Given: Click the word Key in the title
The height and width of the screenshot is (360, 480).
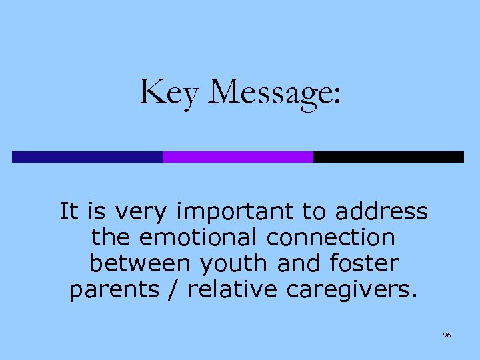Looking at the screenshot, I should [169, 92].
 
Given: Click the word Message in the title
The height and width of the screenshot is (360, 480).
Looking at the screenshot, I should [268, 92].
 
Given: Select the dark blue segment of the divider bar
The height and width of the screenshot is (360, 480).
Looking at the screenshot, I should [87, 157].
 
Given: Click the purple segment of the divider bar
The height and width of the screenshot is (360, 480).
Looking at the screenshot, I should [237, 157].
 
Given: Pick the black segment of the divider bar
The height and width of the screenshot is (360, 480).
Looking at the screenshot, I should [388, 157].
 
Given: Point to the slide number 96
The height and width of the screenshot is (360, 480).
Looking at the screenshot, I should [447, 335].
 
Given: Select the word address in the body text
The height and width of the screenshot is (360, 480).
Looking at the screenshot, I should [381, 212].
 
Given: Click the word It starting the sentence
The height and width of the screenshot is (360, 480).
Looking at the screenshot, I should [68, 212].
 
